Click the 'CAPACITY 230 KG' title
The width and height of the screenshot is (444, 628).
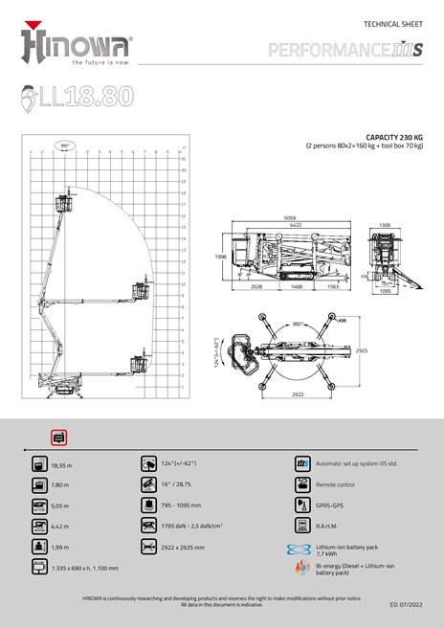393,137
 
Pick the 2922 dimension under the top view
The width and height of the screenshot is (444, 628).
299,392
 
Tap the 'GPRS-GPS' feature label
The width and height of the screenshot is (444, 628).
330,505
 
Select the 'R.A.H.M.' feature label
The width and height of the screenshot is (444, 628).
328,526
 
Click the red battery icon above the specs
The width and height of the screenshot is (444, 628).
58,437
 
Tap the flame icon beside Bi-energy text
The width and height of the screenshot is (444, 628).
301,569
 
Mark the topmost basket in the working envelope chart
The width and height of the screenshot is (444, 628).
65,202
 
